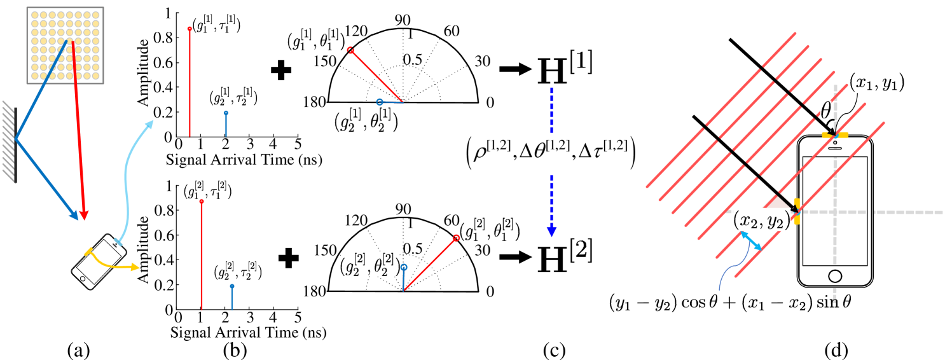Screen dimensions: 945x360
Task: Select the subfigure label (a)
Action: pyautogui.click(x=78, y=350)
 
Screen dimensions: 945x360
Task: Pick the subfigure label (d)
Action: pyautogui.click(x=836, y=350)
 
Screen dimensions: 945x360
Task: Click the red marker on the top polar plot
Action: pyautogui.click(x=350, y=50)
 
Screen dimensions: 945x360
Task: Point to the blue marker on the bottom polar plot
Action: pyautogui.click(x=404, y=267)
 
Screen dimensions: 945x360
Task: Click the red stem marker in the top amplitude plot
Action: pyautogui.click(x=190, y=29)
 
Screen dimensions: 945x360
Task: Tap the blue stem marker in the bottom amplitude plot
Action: pyautogui.click(x=232, y=286)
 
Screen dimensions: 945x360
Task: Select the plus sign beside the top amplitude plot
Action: pyautogui.click(x=281, y=69)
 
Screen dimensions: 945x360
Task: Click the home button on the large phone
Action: pyautogui.click(x=835, y=276)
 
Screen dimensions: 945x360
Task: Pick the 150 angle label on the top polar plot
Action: pyautogui.click(x=325, y=62)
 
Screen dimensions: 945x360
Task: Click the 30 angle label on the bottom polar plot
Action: pyautogui.click(x=482, y=250)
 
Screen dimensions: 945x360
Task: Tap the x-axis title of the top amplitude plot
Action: pyautogui.click(x=244, y=160)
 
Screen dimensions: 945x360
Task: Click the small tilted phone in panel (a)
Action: pyautogui.click(x=99, y=261)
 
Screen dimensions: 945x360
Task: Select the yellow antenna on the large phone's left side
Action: pyautogui.click(x=797, y=211)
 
